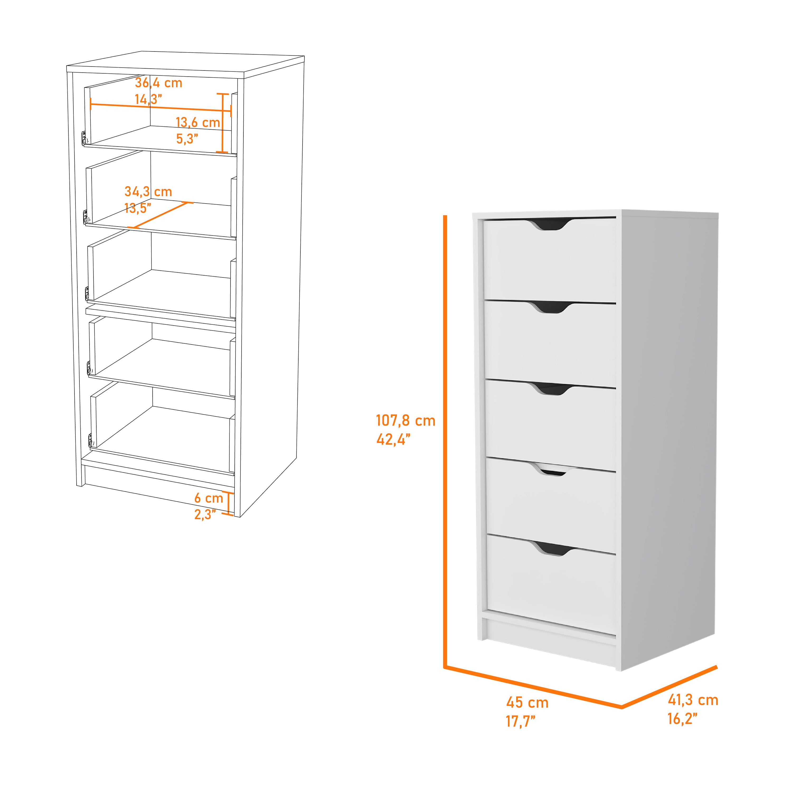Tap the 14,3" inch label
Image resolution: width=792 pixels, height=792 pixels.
148,100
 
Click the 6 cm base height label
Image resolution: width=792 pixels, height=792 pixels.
208,498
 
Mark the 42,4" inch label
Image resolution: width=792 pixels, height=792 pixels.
393,440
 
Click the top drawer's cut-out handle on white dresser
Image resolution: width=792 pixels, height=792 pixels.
550,224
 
